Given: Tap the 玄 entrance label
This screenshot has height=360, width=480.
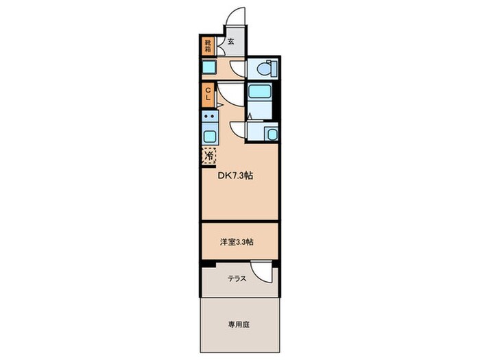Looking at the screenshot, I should [x=230, y=42].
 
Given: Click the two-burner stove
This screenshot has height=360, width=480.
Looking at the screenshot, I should [x=209, y=117].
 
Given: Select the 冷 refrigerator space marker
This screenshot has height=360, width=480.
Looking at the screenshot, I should [x=208, y=156].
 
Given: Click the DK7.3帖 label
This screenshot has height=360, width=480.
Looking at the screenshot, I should [x=237, y=176].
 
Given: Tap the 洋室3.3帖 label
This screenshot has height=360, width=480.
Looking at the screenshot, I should [x=237, y=241].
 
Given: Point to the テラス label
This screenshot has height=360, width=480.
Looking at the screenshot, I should [x=237, y=278].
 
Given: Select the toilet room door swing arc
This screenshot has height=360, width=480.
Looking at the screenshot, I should [x=237, y=69].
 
